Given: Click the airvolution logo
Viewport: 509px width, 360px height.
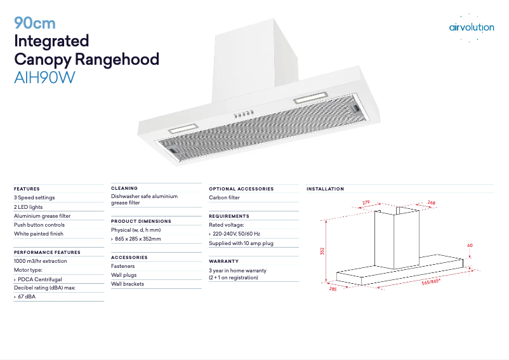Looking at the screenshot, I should click(471, 27).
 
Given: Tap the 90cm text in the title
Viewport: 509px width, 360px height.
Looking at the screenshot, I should click(35, 23).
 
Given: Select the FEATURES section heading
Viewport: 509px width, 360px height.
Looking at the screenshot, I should click(27, 189).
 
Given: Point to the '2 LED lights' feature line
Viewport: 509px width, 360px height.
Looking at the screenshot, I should click(29, 207).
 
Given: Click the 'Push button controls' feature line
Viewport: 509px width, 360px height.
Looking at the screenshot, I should click(39, 225).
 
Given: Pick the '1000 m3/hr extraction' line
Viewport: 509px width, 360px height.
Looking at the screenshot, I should click(40, 261).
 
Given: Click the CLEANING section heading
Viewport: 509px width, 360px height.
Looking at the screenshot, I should click(124, 188).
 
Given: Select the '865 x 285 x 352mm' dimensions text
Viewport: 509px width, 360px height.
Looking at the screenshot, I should click(138, 239).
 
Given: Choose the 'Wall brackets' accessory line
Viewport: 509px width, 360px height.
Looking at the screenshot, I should click(128, 284).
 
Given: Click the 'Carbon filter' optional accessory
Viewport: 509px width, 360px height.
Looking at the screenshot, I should click(224, 197).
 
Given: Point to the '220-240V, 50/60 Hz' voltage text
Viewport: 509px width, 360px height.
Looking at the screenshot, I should click(236, 234).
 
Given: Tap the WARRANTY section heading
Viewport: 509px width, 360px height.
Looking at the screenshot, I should click(224, 261).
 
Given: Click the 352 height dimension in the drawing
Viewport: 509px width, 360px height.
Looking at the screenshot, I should click(322, 251).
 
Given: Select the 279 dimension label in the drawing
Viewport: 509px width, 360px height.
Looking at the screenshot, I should click(366, 203).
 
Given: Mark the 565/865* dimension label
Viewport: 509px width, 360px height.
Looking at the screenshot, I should click(431, 281).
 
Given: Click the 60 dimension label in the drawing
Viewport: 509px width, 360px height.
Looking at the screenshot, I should click(470, 245).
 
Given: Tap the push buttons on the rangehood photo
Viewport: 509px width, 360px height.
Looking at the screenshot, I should click(243, 114).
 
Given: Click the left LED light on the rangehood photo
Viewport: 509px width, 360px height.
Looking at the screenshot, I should click(185, 127).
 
